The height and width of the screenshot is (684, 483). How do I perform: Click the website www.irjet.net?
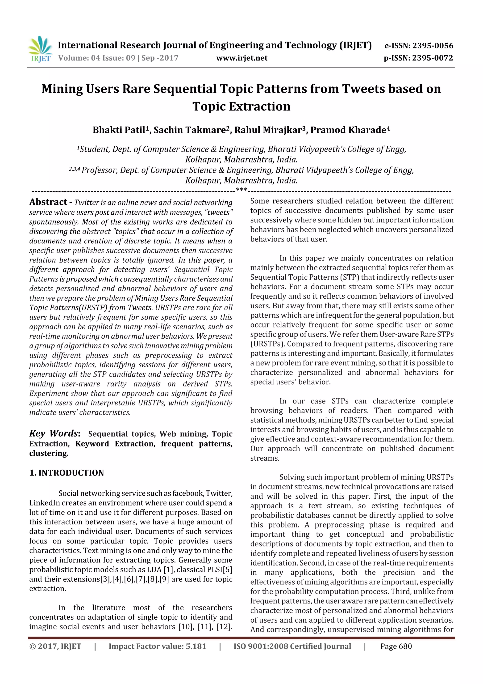(x=242, y=58)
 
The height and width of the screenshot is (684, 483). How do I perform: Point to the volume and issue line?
(x=118, y=58)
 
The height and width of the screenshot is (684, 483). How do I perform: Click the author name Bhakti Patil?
(x=119, y=130)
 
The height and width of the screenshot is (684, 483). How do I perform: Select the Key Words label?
(x=54, y=433)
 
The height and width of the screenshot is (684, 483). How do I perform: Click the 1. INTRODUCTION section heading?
(x=67, y=473)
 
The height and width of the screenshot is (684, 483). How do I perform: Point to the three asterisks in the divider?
(x=241, y=190)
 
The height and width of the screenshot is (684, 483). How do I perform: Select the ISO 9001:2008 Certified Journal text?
(x=292, y=646)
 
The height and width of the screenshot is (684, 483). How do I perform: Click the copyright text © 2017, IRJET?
(x=55, y=646)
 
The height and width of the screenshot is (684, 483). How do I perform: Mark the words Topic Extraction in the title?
(x=241, y=106)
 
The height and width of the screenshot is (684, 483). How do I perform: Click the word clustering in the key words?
(x=49, y=453)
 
